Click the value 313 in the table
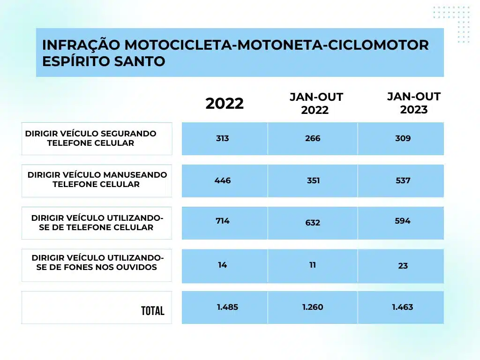(x=223, y=138)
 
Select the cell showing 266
(x=313, y=138)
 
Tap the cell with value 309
(x=403, y=138)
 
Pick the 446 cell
(x=223, y=180)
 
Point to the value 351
(x=313, y=180)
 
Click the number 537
(x=403, y=180)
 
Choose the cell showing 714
(x=223, y=221)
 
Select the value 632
(x=313, y=223)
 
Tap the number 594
(x=403, y=221)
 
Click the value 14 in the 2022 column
(x=222, y=265)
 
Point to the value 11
(x=313, y=265)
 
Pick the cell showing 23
(x=403, y=266)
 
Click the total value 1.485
(x=227, y=307)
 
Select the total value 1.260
(x=313, y=307)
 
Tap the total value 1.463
(x=403, y=307)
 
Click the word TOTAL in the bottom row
(x=152, y=311)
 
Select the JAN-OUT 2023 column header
(x=414, y=103)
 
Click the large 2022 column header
(x=225, y=104)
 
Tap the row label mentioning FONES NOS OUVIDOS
(x=97, y=262)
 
